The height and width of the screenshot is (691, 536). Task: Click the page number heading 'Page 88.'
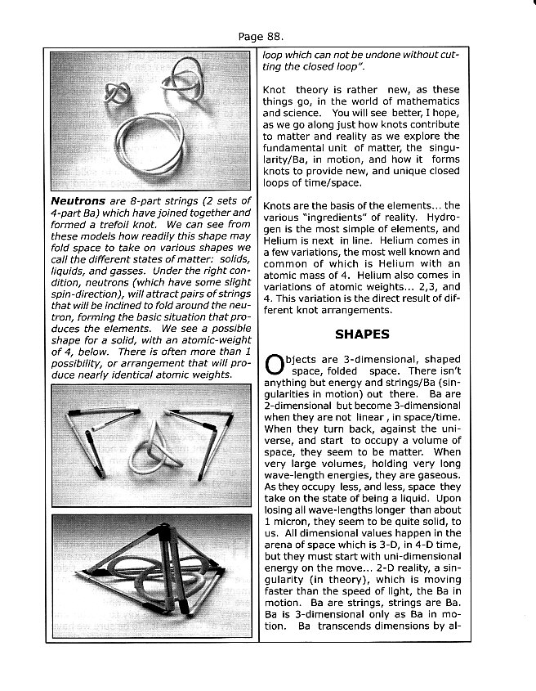[261, 36]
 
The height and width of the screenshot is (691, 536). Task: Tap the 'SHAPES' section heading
[362, 334]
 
